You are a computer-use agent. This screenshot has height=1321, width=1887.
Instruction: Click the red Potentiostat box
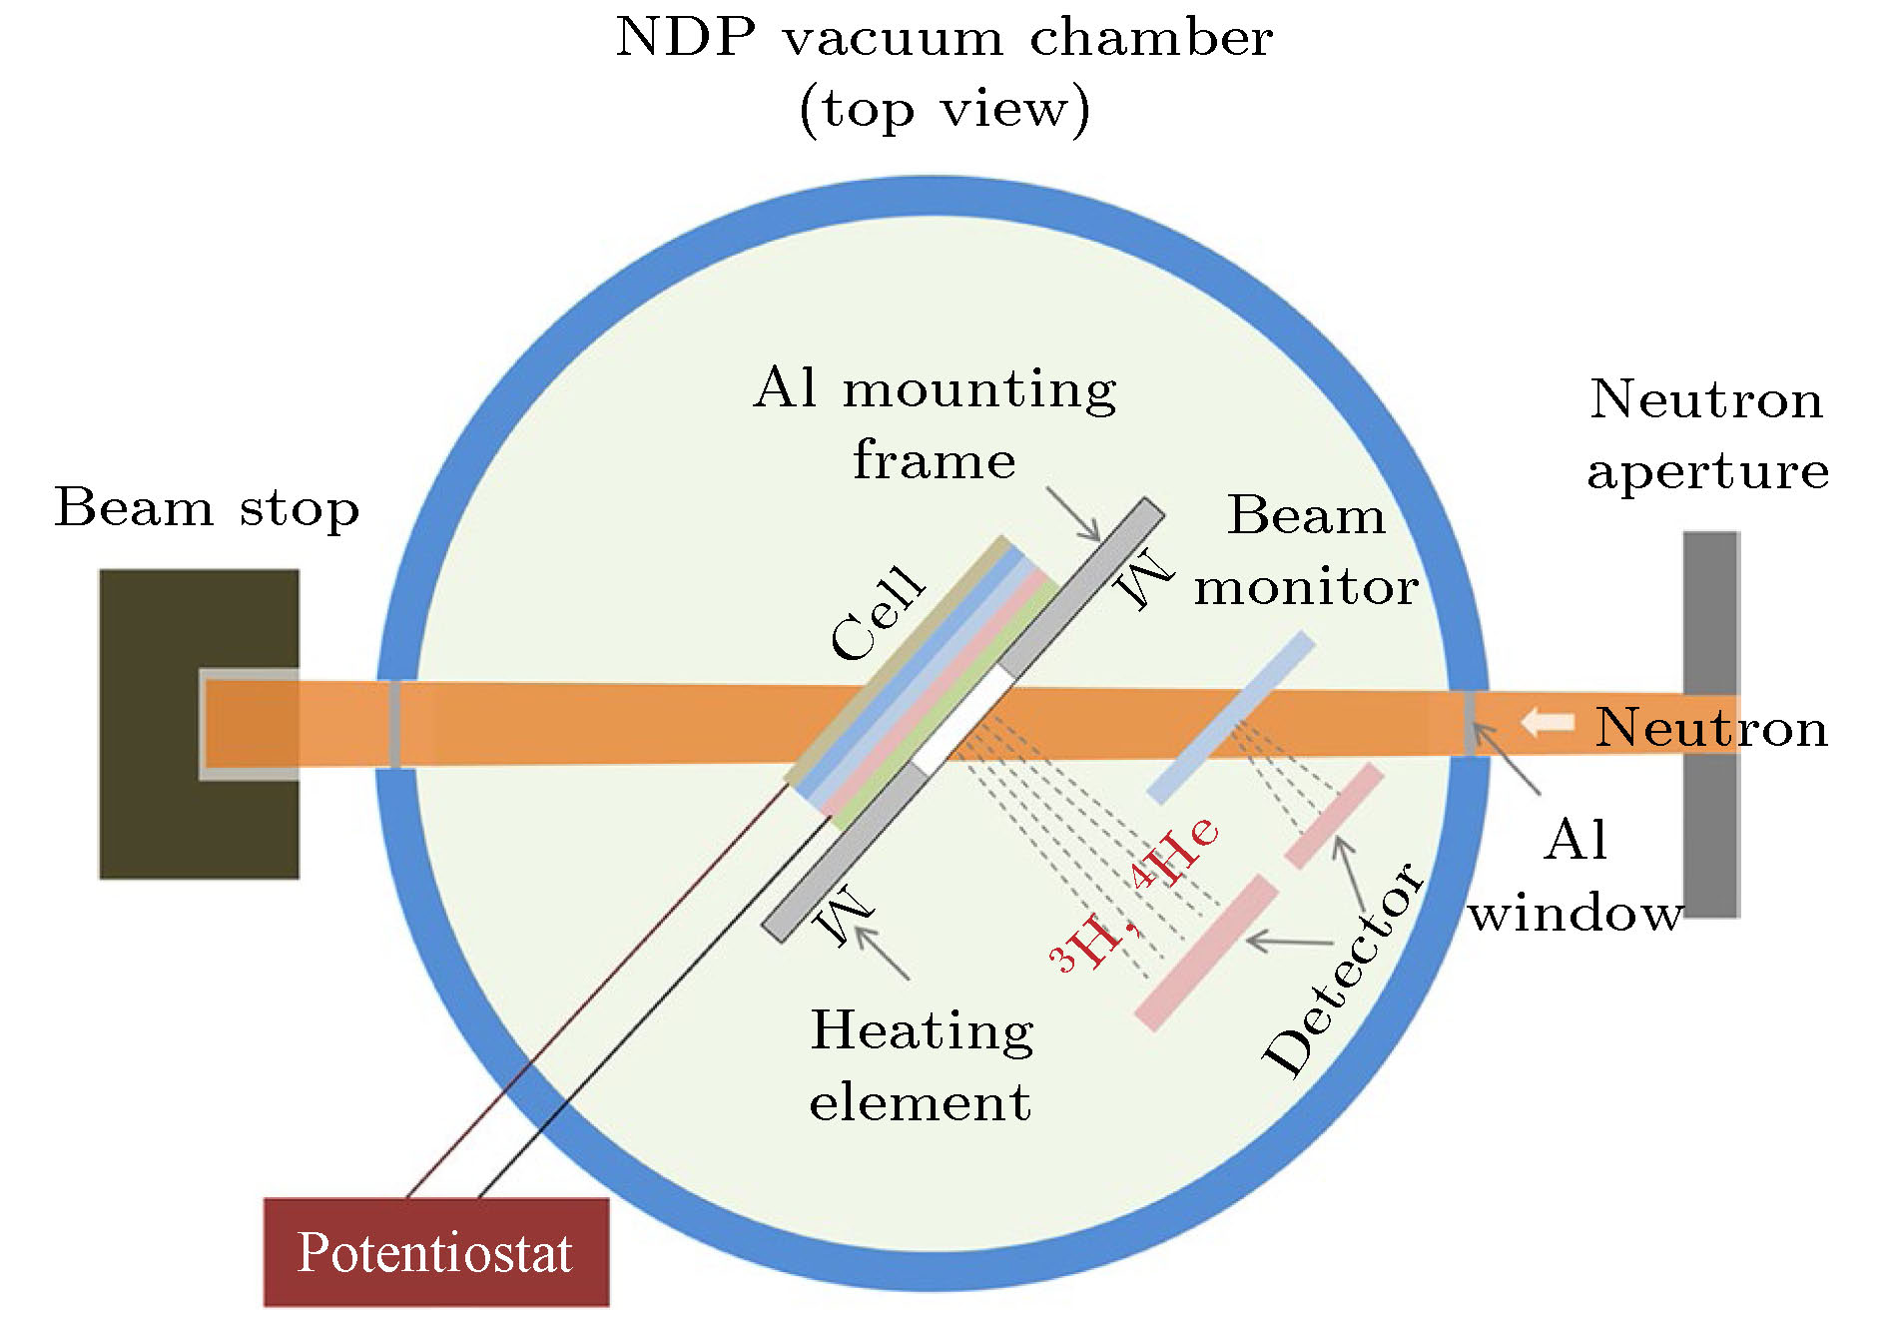[435, 1252]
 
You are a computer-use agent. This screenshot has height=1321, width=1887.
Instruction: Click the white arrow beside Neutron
[1547, 722]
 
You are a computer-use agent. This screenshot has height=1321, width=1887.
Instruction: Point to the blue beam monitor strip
[1230, 718]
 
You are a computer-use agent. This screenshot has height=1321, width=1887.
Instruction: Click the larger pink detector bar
[1206, 953]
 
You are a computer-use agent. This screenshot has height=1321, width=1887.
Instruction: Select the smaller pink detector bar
[1334, 816]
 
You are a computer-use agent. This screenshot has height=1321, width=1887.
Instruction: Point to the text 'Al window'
[1575, 876]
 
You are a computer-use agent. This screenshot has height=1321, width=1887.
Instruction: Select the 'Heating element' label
[921, 1065]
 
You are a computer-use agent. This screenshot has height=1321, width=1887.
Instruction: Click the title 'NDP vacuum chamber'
[943, 38]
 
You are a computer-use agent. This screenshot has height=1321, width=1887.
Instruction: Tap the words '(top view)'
[943, 108]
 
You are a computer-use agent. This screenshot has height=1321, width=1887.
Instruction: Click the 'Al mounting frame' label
[935, 423]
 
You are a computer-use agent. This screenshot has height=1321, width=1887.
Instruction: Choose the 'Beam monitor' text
[1306, 550]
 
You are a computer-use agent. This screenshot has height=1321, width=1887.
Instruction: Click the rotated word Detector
[1344, 969]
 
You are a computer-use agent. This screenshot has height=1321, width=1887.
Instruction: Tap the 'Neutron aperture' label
[1707, 434]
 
